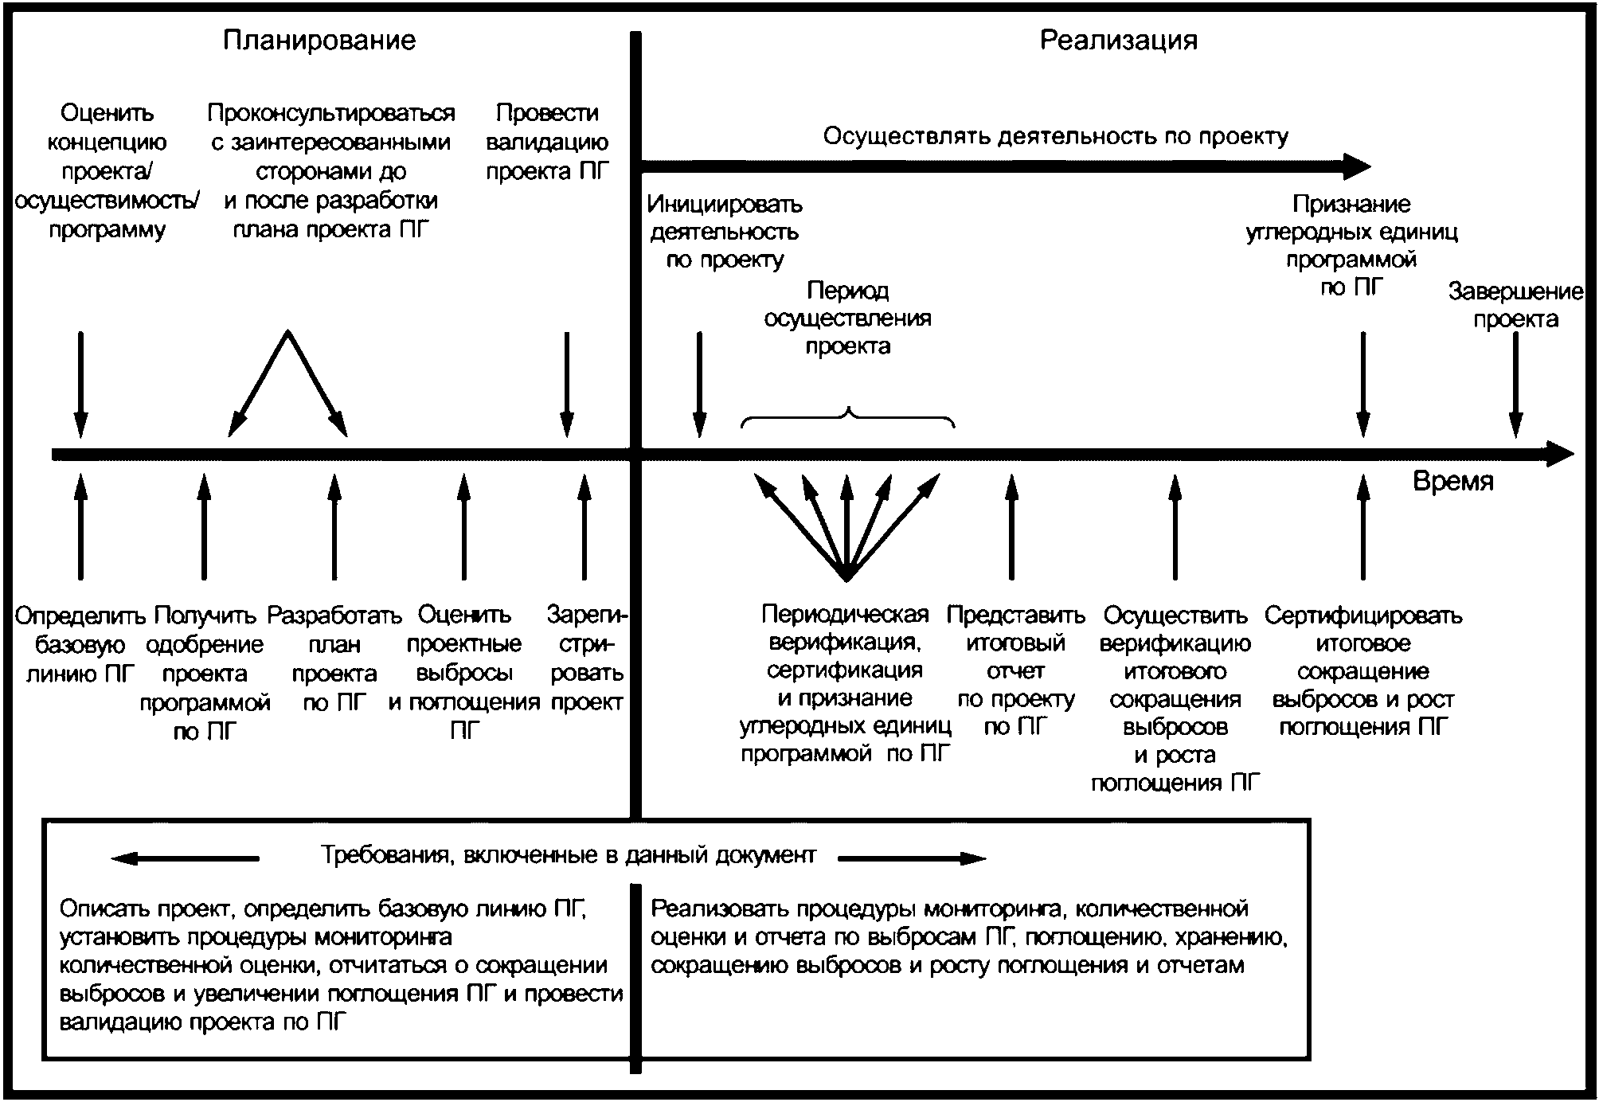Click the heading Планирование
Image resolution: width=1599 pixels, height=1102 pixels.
(x=319, y=41)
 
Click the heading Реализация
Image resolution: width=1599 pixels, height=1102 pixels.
(x=1119, y=41)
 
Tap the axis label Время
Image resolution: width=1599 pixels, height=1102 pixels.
(x=1453, y=482)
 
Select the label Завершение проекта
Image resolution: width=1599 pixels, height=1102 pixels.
(x=1515, y=305)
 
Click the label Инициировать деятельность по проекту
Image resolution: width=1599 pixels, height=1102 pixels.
(x=725, y=232)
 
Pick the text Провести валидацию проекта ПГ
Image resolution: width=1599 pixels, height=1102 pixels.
(x=547, y=143)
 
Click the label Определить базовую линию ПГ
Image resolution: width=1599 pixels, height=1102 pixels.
(x=80, y=644)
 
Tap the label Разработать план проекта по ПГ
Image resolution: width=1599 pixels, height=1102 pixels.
(x=334, y=658)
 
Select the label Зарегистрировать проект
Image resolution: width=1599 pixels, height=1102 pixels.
(x=587, y=658)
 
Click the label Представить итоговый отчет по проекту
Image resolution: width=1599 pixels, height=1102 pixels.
(x=1015, y=671)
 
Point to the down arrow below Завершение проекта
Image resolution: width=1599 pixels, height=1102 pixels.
(x=1516, y=385)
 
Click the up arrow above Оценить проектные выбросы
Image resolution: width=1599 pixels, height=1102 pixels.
(x=464, y=526)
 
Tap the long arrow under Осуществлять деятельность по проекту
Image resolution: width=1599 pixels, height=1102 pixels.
(x=1006, y=166)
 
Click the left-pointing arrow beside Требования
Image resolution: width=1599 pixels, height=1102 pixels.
(x=185, y=858)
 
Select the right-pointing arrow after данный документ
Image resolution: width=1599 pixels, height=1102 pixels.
(x=913, y=858)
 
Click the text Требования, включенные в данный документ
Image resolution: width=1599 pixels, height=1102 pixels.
(x=569, y=856)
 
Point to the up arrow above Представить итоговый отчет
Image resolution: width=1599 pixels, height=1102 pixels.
(x=1011, y=526)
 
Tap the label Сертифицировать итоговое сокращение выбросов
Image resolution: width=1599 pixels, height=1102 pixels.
(x=1363, y=671)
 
